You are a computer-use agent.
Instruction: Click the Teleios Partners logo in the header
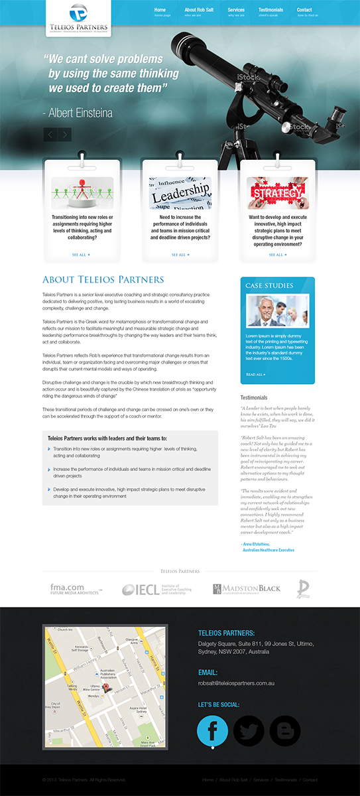[78, 18]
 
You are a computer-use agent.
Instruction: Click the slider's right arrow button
[64, 135]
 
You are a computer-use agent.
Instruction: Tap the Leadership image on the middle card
[180, 193]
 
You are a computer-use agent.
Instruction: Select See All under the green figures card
[81, 255]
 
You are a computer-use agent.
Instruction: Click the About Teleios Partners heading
[103, 280]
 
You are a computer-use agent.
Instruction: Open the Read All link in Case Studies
[255, 375]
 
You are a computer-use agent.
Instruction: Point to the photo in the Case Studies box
[277, 310]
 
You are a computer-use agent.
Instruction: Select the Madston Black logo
[247, 589]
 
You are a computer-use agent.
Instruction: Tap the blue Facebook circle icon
[213, 730]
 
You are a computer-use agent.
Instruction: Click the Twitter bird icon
[249, 730]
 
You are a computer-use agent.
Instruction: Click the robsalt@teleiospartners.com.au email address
[236, 683]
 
